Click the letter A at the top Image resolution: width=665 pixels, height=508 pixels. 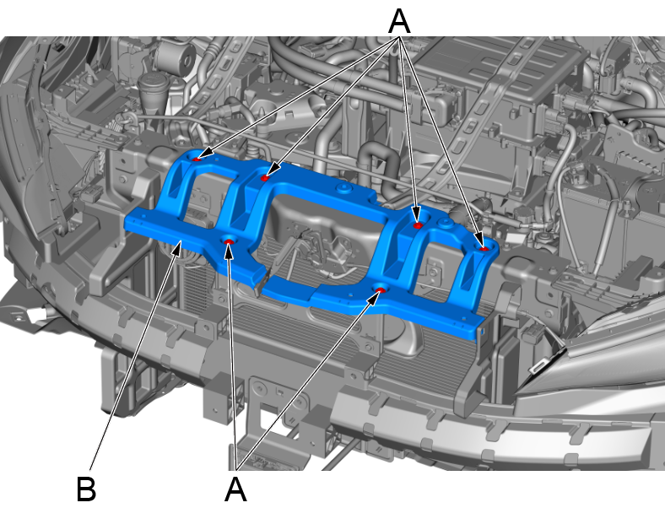click(x=399, y=22)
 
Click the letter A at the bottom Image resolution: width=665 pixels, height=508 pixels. click(x=235, y=489)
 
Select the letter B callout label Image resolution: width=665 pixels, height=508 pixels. click(x=87, y=489)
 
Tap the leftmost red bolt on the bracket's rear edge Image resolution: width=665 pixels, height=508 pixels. click(x=197, y=159)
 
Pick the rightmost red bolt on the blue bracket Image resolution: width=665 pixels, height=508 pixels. click(x=484, y=248)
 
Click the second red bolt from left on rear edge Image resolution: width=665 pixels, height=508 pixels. click(x=265, y=178)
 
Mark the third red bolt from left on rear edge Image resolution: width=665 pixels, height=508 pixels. click(x=419, y=225)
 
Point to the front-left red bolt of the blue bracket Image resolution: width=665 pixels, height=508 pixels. click(x=229, y=241)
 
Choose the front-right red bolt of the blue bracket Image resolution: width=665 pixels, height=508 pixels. click(x=380, y=290)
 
